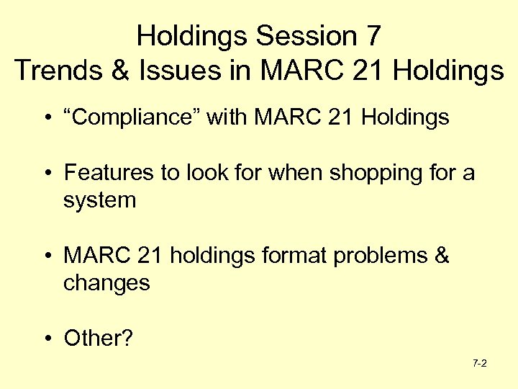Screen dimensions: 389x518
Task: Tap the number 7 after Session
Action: click(x=373, y=35)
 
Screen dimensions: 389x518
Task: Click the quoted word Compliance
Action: click(x=132, y=117)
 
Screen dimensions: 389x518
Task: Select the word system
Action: click(x=99, y=200)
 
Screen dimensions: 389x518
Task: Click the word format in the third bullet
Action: click(x=296, y=256)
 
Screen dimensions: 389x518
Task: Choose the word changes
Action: click(x=106, y=282)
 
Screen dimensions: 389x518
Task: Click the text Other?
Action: click(x=99, y=338)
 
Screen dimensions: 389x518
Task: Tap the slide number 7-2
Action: click(x=480, y=364)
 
